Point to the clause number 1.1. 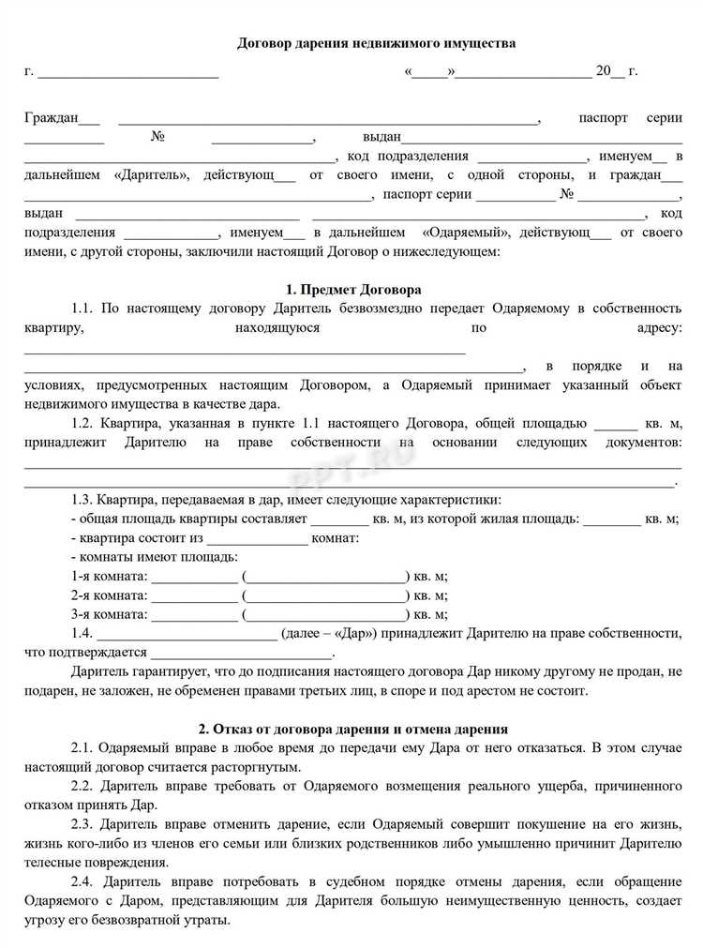82,308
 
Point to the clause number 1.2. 82,423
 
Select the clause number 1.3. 82,500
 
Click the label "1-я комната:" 109,576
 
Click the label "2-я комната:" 109,595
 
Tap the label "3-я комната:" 109,614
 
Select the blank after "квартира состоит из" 256,539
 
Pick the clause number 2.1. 82,747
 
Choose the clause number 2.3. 82,824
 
